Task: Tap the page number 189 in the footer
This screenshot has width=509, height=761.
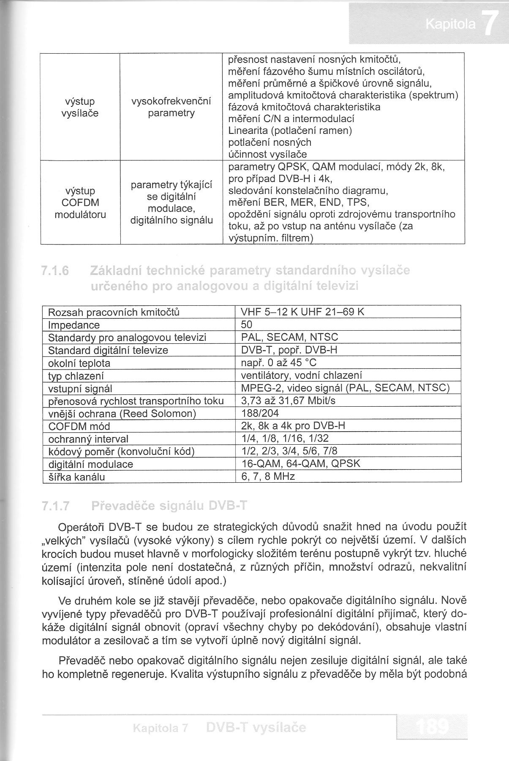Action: pyautogui.click(x=432, y=727)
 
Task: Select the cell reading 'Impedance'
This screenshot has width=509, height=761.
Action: pyautogui.click(x=74, y=325)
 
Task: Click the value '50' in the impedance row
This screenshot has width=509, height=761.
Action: pyautogui.click(x=246, y=325)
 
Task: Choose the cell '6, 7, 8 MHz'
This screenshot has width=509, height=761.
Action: pyautogui.click(x=267, y=477)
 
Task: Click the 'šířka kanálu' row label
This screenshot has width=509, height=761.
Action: pyautogui.click(x=76, y=477)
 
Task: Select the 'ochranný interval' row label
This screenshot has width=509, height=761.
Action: pyautogui.click(x=88, y=439)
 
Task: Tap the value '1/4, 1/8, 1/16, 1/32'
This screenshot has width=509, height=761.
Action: pyautogui.click(x=284, y=438)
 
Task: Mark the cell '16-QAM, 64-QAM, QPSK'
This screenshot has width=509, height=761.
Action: pyautogui.click(x=300, y=464)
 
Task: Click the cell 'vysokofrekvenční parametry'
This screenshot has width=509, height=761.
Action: pyautogui.click(x=171, y=107)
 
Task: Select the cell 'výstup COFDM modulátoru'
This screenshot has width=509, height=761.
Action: pyautogui.click(x=80, y=203)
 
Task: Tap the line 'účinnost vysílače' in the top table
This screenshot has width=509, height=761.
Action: pyautogui.click(x=267, y=154)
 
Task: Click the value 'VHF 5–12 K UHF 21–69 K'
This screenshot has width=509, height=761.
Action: pyautogui.click(x=302, y=312)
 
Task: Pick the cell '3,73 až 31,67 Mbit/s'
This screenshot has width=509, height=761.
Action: pyautogui.click(x=288, y=400)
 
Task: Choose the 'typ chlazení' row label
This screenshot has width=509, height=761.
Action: pyautogui.click(x=76, y=376)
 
